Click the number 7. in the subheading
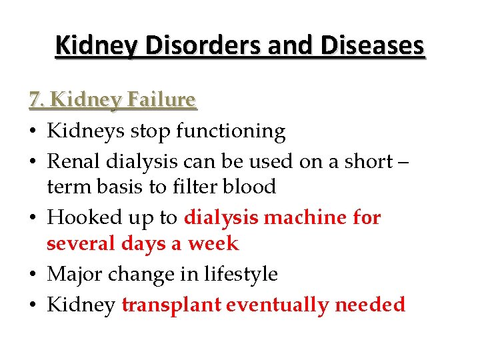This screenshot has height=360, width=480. (37, 100)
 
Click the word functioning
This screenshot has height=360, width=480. (231, 131)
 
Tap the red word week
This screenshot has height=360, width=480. (213, 244)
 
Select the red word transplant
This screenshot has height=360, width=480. (171, 305)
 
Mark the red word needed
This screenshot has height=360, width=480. (370, 305)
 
